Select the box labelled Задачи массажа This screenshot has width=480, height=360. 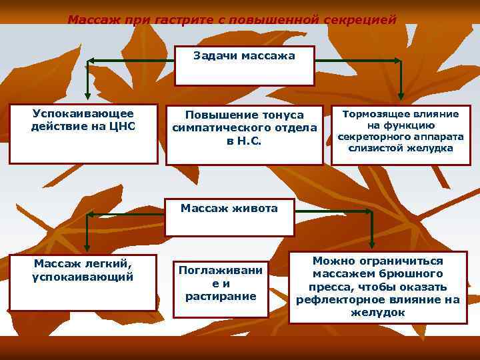point(244,66)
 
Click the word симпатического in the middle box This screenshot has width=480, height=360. point(244,127)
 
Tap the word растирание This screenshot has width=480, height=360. point(221,295)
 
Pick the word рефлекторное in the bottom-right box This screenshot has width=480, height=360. point(339,299)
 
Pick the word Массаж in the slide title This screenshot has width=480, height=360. point(91,20)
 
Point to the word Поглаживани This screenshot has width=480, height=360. point(221,270)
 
